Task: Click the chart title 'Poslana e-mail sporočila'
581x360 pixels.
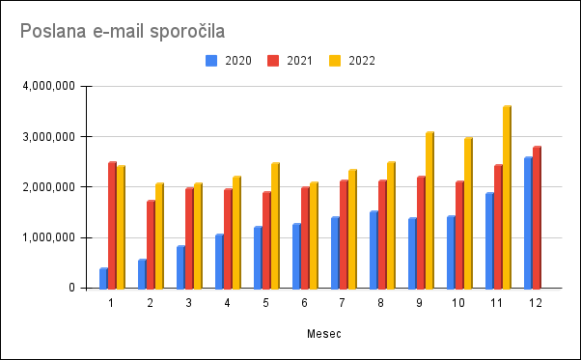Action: click(x=123, y=31)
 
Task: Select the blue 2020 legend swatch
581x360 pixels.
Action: click(x=211, y=61)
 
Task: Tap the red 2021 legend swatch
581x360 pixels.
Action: click(x=273, y=61)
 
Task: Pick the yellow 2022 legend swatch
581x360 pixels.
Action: click(x=335, y=61)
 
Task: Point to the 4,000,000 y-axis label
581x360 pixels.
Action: click(x=49, y=86)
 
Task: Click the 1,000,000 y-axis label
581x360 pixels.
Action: click(x=49, y=237)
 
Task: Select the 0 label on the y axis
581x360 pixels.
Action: click(x=71, y=288)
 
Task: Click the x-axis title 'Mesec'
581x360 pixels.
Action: click(x=324, y=334)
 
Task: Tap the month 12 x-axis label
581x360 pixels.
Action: click(x=536, y=303)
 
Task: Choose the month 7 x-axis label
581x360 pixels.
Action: click(x=342, y=303)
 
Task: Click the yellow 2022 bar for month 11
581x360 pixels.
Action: click(x=507, y=197)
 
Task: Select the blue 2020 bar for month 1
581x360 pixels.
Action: click(x=104, y=278)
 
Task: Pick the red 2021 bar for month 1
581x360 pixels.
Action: click(x=112, y=225)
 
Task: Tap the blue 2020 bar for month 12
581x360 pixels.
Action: click(x=528, y=223)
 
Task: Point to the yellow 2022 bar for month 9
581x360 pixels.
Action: click(x=429, y=210)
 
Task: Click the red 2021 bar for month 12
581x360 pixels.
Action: click(x=537, y=217)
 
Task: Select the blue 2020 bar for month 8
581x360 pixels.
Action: click(x=373, y=250)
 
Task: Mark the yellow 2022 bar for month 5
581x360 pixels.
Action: click(x=275, y=226)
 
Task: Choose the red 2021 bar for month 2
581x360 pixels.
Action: click(x=151, y=244)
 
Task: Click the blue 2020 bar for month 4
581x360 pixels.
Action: click(x=219, y=262)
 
